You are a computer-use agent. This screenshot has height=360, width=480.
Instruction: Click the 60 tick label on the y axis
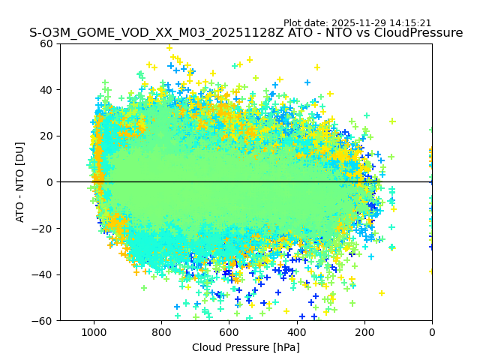coord(46,43)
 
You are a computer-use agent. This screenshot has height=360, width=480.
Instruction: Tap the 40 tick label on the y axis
coord(46,90)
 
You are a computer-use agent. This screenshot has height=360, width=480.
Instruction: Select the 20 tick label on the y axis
coord(46,136)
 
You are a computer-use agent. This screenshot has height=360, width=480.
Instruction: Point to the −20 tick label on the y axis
coord(43,229)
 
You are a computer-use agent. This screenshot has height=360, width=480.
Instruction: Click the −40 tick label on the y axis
coord(43,274)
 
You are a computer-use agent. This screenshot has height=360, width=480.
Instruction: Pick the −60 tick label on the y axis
coord(43,321)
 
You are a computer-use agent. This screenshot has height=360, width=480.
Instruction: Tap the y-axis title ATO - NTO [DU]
coord(20,181)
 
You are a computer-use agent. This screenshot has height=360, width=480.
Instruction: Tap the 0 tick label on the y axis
coord(49,182)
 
